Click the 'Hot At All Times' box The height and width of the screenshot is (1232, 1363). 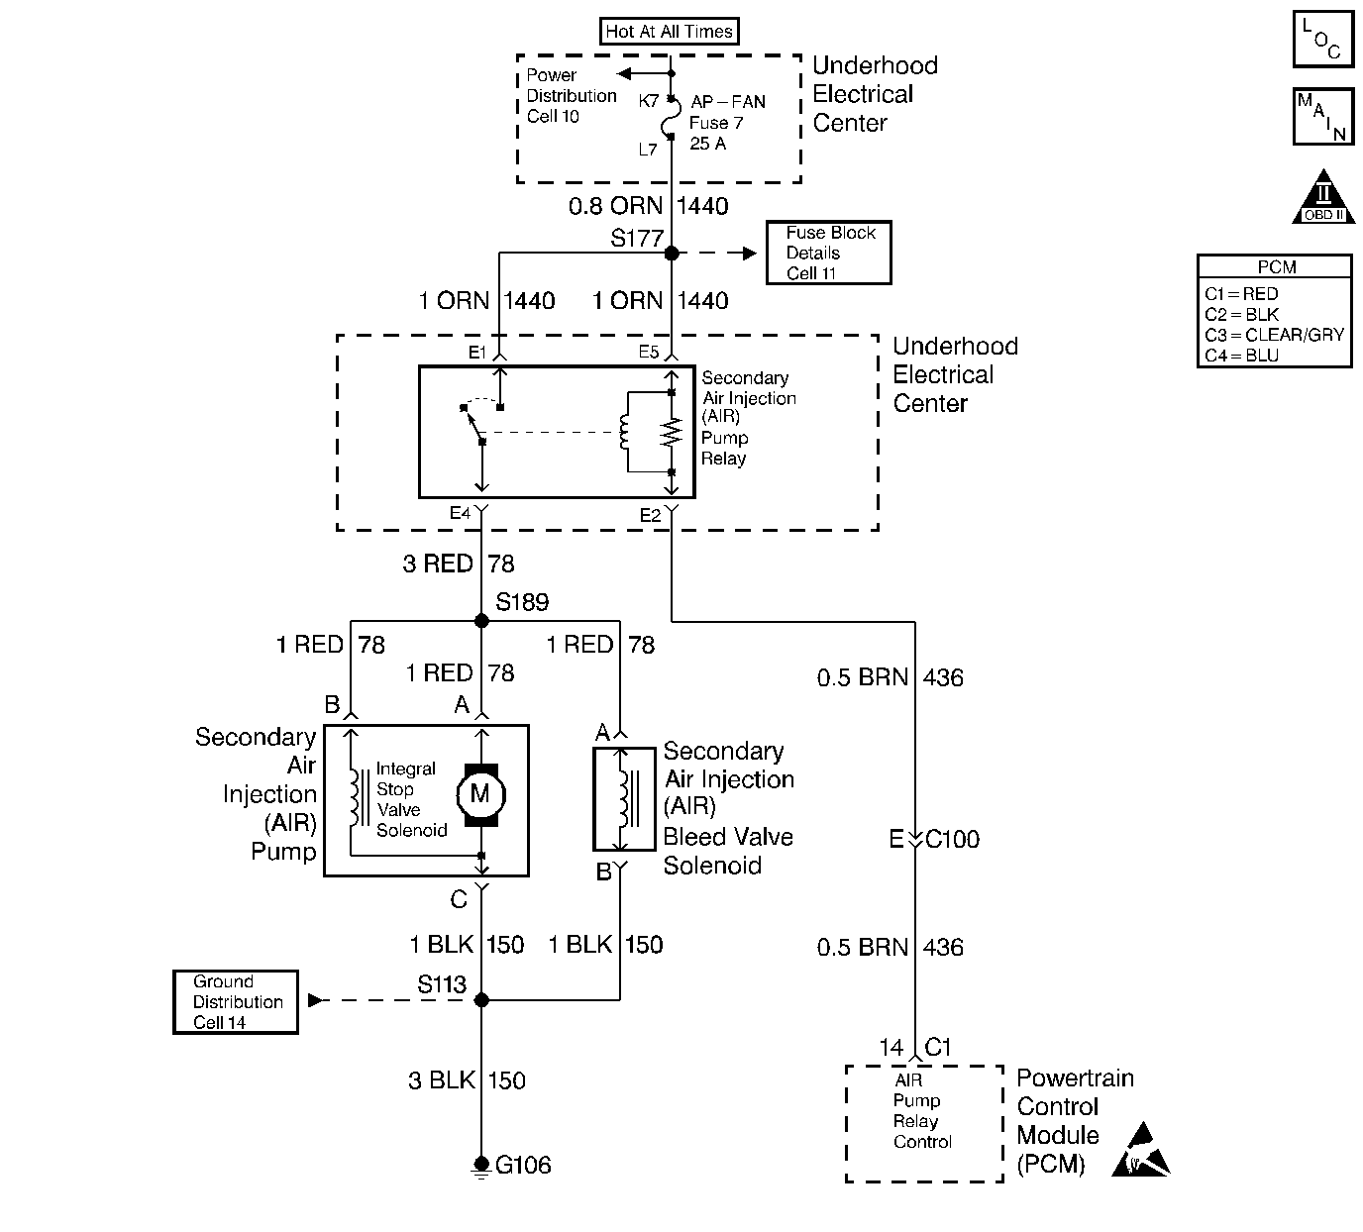coord(669,32)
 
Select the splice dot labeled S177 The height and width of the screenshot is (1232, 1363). coord(672,254)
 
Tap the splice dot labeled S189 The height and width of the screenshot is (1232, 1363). coord(482,621)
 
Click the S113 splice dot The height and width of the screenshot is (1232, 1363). coord(482,1000)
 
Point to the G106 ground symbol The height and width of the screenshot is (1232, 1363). coord(482,1166)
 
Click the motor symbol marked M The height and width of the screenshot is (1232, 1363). coord(480,793)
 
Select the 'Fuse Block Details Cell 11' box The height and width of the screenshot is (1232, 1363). coord(828,253)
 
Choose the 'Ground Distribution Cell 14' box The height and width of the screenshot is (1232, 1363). coord(236,1002)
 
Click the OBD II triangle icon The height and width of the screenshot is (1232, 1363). coord(1323,197)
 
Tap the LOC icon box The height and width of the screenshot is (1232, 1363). coord(1323,40)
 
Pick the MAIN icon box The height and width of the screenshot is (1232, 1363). coord(1323,117)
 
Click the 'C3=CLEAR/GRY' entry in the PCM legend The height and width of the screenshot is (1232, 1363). coord(1274,335)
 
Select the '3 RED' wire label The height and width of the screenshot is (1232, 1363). coord(437,565)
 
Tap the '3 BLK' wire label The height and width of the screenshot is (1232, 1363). coord(442,1080)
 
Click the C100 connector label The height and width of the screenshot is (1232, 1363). coord(952,840)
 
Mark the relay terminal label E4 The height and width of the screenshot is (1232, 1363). coord(460,513)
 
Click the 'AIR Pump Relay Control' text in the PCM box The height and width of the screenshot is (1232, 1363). coord(922,1111)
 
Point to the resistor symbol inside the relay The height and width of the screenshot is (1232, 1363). coord(673,433)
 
